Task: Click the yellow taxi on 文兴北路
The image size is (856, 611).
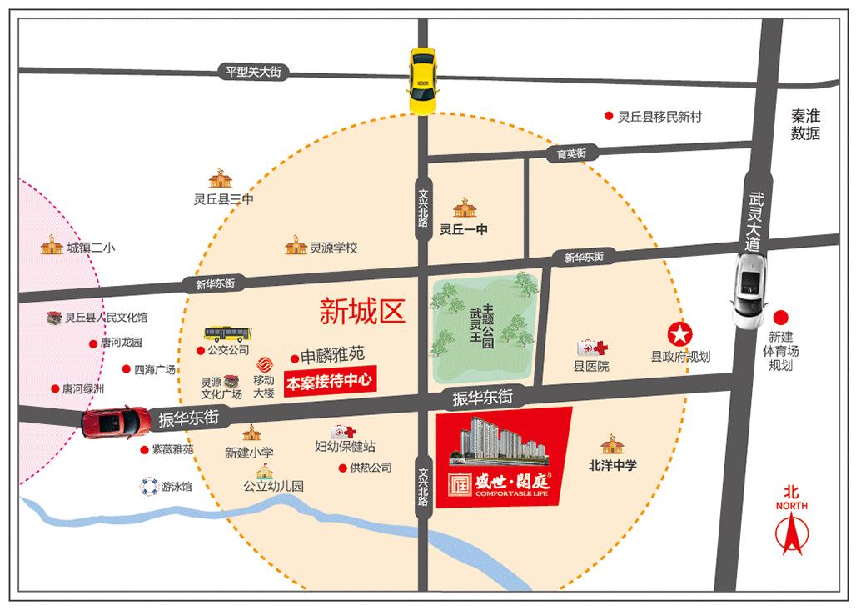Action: click(x=423, y=80)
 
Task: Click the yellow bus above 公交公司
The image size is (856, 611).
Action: click(x=226, y=334)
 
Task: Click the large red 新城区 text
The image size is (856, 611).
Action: click(x=361, y=312)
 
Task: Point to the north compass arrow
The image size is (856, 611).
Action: click(x=790, y=533)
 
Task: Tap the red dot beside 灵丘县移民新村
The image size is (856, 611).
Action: click(x=608, y=117)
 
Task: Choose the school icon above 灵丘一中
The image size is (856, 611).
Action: click(x=463, y=208)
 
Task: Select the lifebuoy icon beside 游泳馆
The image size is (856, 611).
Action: click(x=148, y=486)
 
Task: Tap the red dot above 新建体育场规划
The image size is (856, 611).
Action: click(x=781, y=318)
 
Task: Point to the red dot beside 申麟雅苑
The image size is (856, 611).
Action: click(x=295, y=358)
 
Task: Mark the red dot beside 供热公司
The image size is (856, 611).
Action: click(x=342, y=468)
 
